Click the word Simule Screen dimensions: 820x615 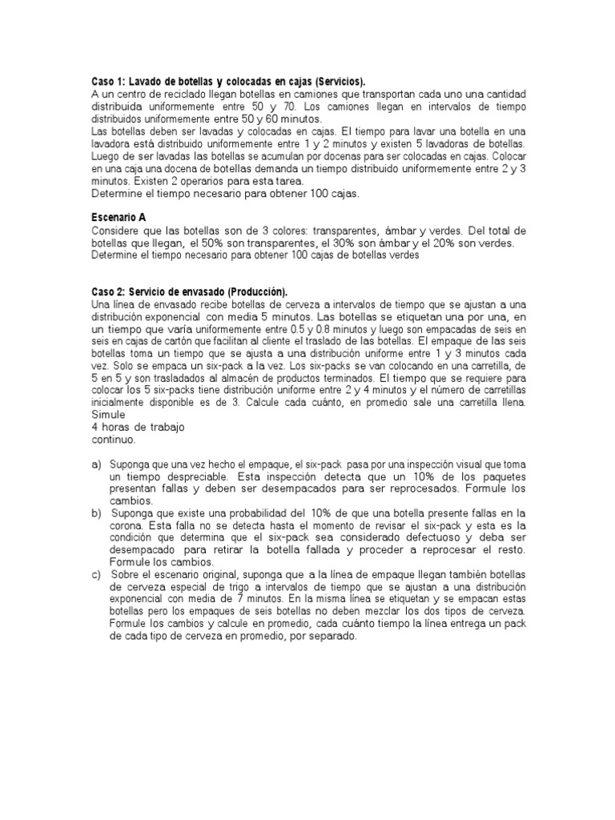point(108,415)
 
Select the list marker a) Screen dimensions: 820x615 point(97,464)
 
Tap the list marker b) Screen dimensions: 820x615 point(97,512)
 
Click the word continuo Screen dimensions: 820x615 point(115,440)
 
